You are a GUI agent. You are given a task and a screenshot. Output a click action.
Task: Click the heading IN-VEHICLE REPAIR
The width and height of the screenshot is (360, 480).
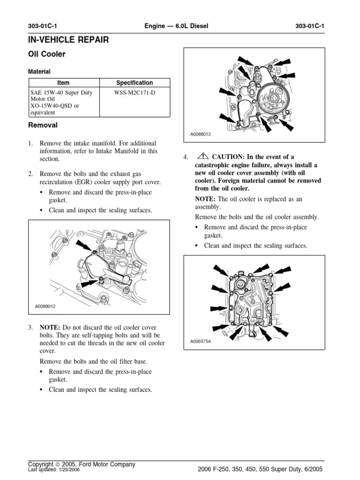tap(68, 40)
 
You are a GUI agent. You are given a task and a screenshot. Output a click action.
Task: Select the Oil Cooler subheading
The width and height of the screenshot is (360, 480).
tap(47, 54)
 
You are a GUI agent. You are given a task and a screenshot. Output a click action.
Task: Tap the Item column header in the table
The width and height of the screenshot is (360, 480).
tap(63, 83)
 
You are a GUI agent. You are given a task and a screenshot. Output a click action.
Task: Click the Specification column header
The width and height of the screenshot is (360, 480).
tap(135, 83)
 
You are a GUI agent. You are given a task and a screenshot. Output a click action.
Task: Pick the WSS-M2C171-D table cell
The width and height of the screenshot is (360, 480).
tap(135, 93)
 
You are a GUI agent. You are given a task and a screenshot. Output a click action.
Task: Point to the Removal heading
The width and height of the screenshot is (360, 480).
tap(43, 126)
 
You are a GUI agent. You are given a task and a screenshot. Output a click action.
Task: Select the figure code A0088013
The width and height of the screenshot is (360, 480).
tap(201, 135)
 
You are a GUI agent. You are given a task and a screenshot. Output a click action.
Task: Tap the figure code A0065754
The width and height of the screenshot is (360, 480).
tap(201, 341)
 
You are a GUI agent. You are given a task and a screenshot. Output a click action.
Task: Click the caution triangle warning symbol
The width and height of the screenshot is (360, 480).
tap(203, 157)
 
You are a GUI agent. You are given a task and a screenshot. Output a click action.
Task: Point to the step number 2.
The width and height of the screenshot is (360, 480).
tap(30, 174)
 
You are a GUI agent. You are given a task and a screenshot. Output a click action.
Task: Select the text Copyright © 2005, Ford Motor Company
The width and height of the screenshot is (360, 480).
tap(82, 465)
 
